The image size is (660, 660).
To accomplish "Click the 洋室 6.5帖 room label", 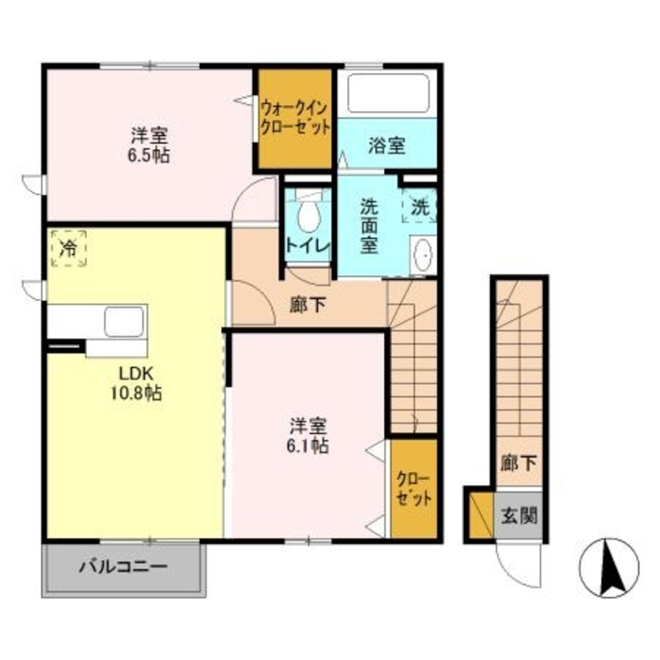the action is click(x=149, y=145).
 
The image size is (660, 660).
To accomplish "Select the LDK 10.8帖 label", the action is click(x=136, y=383).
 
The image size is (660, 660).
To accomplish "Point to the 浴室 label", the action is click(x=387, y=146).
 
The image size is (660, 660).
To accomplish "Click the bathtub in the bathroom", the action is click(x=388, y=94).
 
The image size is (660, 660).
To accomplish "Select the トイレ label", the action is click(x=308, y=246).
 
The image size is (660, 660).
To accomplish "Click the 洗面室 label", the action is click(x=369, y=226).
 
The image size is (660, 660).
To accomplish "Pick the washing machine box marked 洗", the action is click(x=419, y=206).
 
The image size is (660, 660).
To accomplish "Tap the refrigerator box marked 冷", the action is click(x=69, y=248).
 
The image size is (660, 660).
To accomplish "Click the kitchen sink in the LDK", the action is click(x=124, y=321).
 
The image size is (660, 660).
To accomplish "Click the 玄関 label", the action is click(x=519, y=515).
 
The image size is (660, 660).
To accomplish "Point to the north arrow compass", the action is click(x=609, y=568).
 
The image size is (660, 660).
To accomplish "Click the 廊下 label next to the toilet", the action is click(x=308, y=305).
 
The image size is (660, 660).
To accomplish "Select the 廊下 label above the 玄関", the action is click(x=518, y=463).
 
